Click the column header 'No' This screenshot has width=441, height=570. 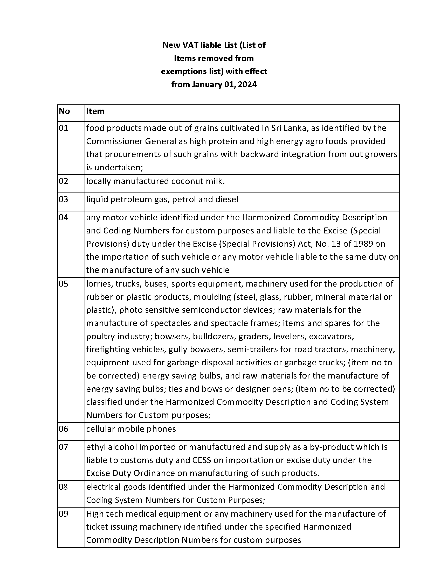click(64, 111)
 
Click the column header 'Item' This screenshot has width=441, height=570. click(95, 111)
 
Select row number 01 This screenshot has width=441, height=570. click(63, 128)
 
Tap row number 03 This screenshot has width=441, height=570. click(63, 199)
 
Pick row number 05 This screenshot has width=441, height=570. click(63, 284)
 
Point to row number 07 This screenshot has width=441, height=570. click(63, 447)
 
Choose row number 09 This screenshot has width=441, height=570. click(63, 514)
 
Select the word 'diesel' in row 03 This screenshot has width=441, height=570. click(227, 199)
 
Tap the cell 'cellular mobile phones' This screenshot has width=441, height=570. click(131, 429)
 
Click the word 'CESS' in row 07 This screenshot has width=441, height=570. click(201, 460)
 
